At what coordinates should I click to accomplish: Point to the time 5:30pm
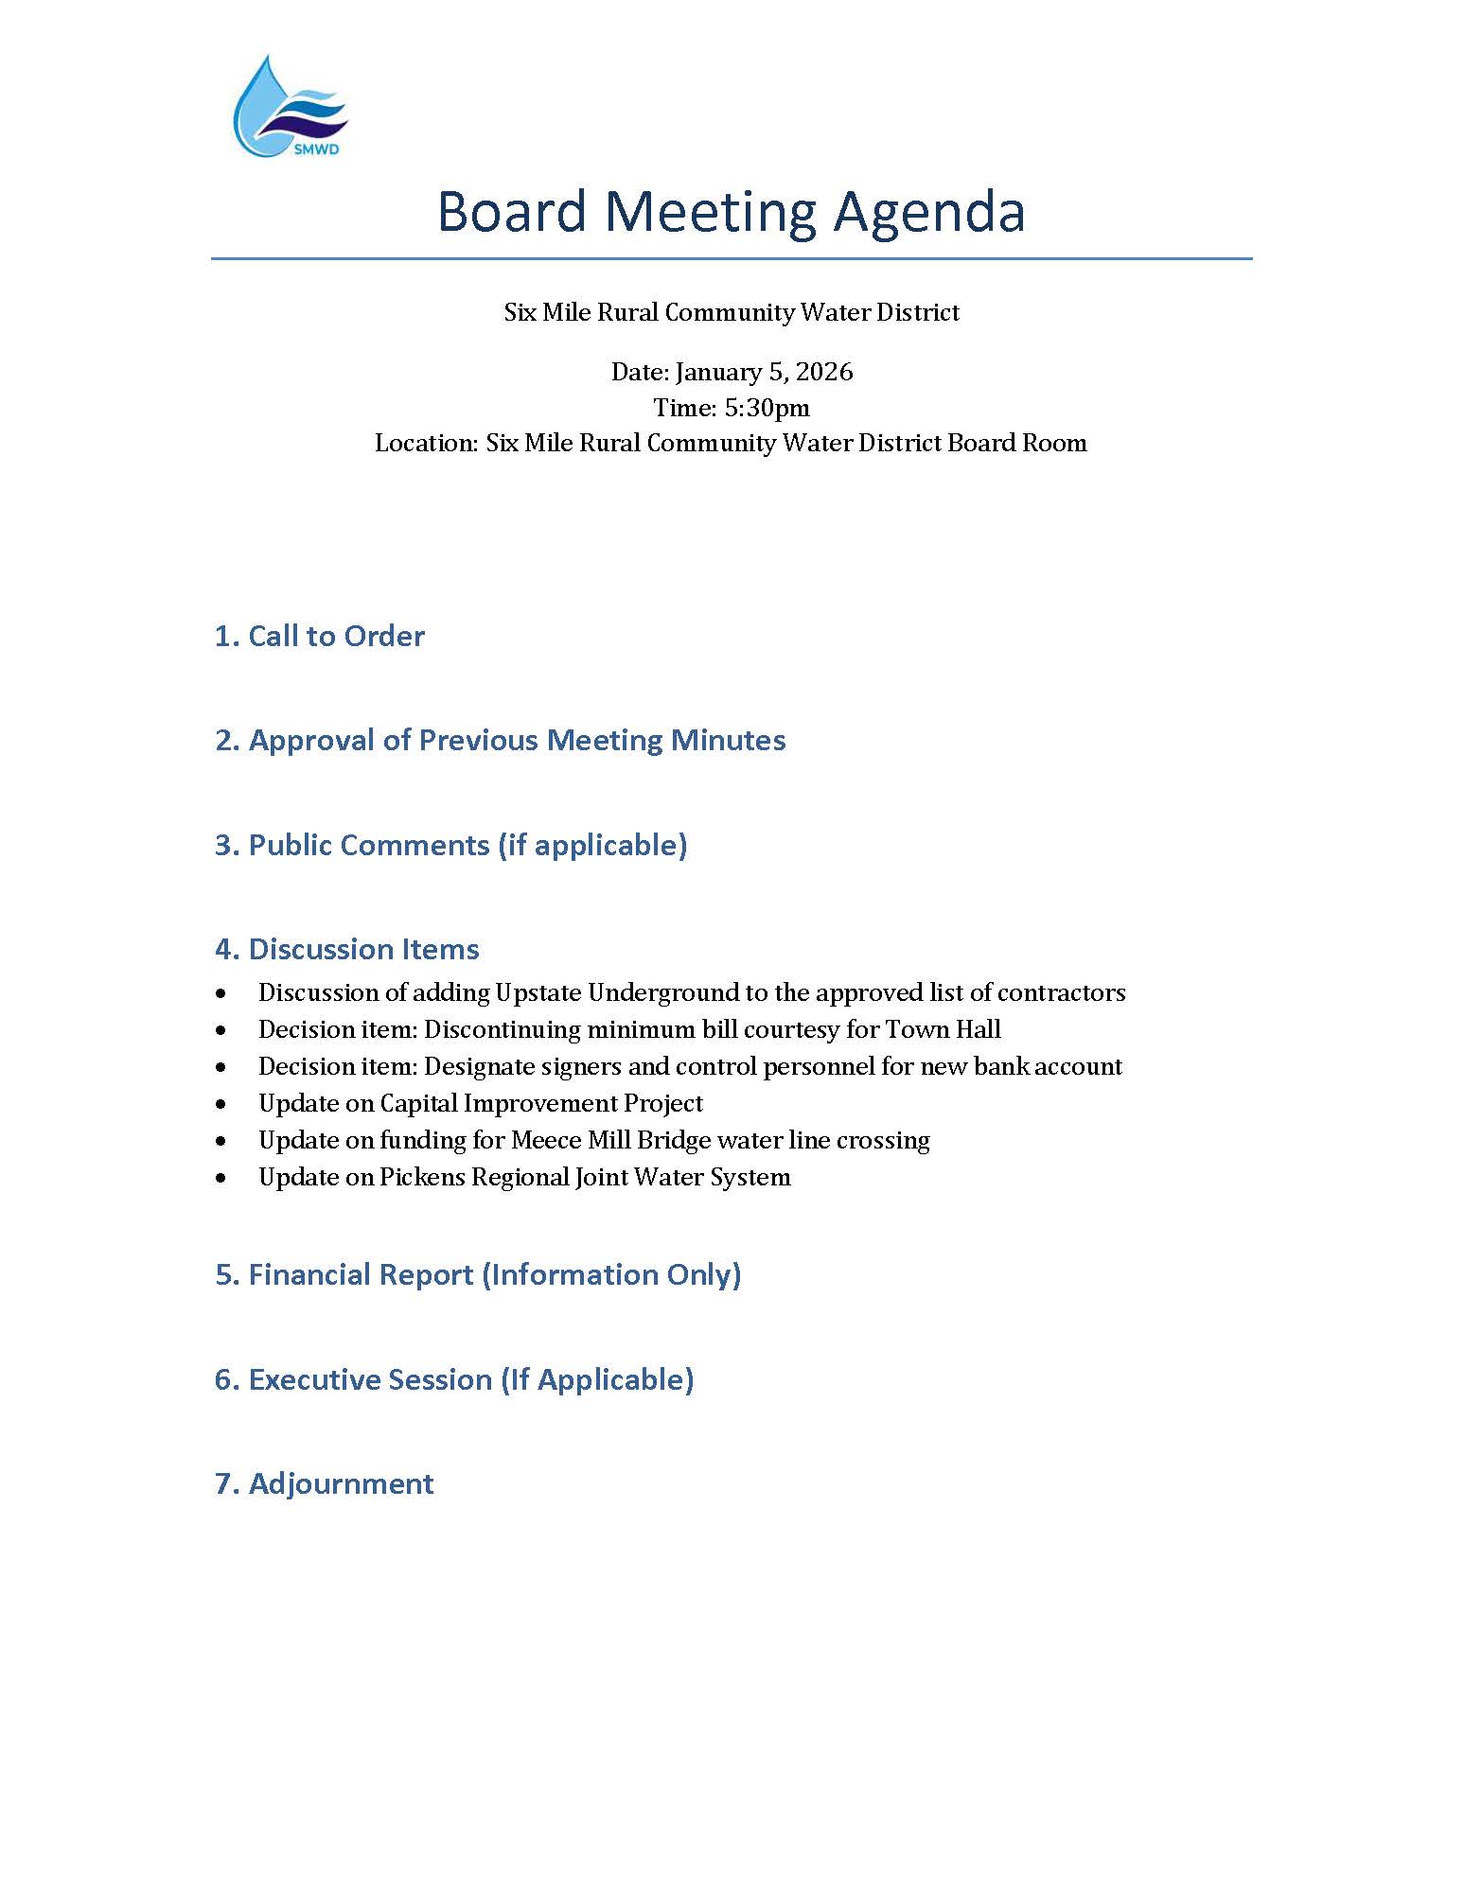click(767, 408)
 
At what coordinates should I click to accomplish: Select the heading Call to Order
click(320, 636)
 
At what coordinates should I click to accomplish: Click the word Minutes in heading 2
click(728, 740)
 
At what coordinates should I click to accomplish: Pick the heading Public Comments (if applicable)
click(450, 845)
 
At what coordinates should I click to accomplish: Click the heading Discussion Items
click(347, 949)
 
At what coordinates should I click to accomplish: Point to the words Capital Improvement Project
click(541, 1103)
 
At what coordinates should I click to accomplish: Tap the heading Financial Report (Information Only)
click(478, 1274)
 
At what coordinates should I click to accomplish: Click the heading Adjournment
click(325, 1483)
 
